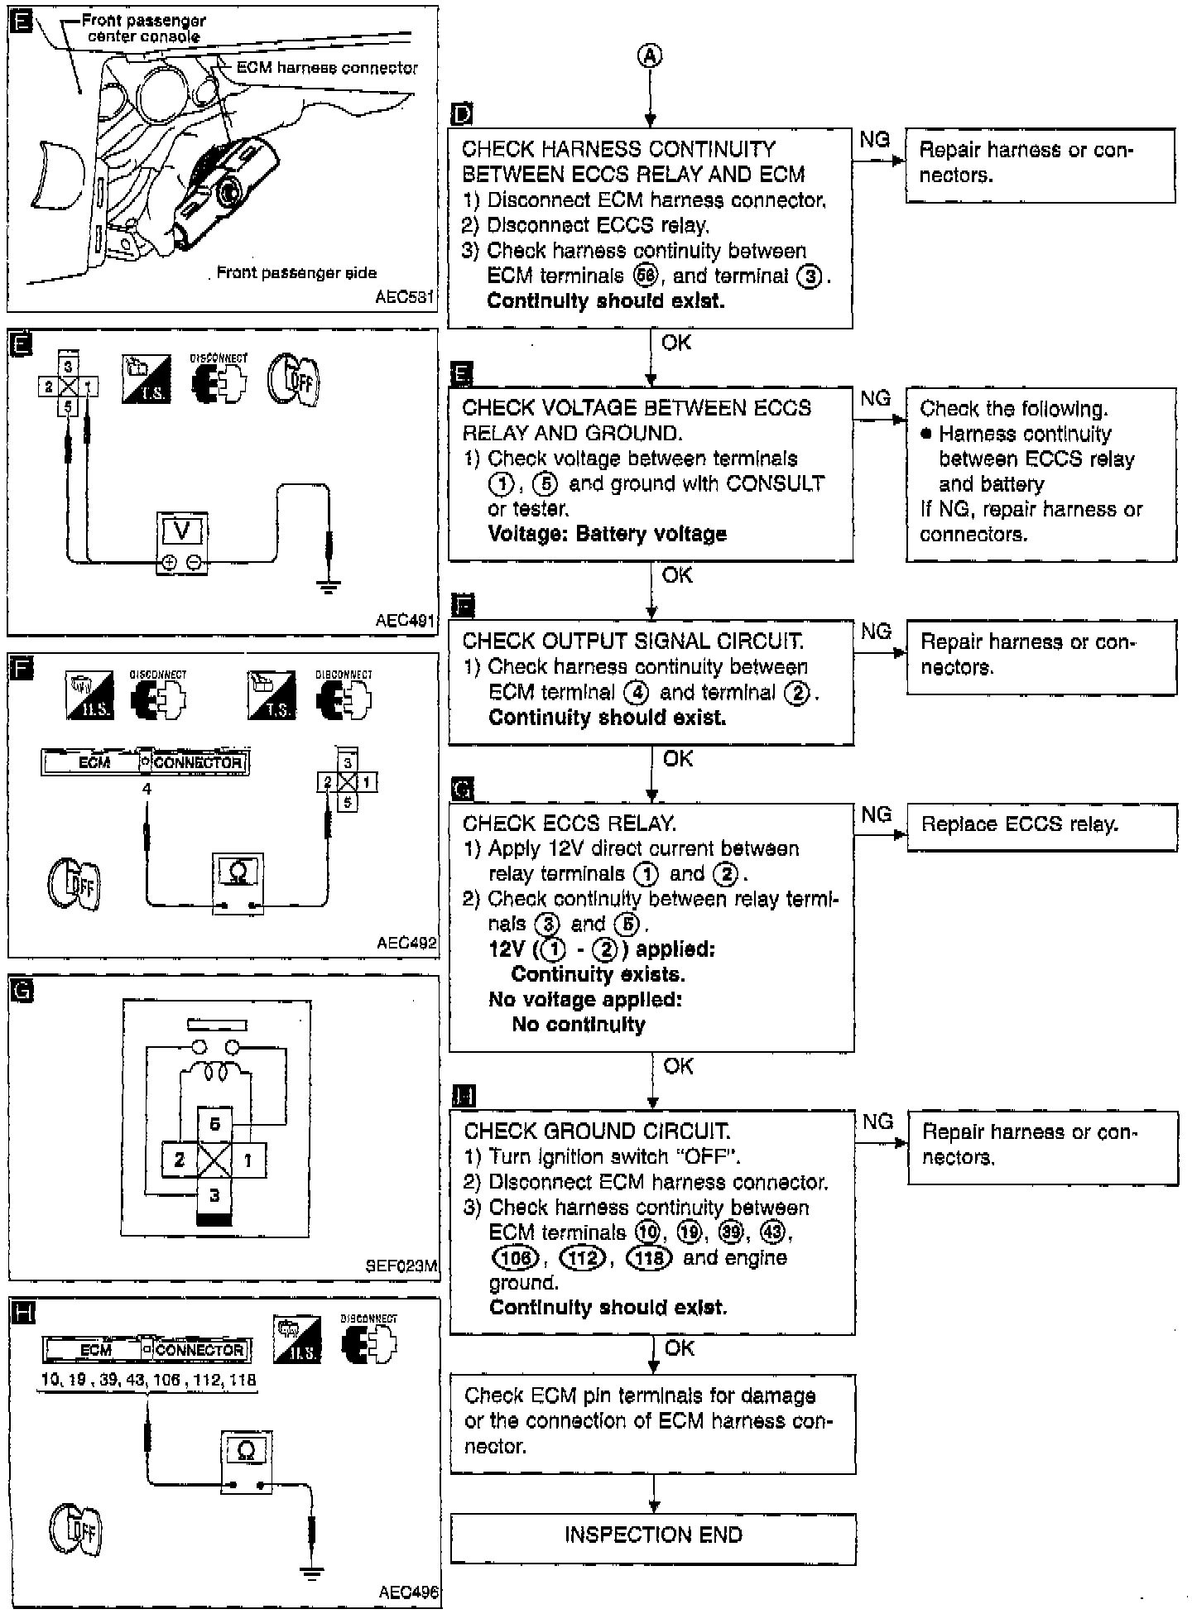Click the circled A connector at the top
tap(650, 55)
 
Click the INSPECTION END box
tap(652, 1535)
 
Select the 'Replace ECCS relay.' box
tap(1041, 826)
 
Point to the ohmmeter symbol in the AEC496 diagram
tap(246, 1450)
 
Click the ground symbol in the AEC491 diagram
tap(329, 588)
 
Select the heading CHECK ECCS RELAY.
tap(570, 824)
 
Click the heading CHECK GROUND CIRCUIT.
tap(597, 1131)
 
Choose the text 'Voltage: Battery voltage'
tap(608, 534)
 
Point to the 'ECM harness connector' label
tap(327, 68)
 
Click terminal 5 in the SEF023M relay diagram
tap(214, 1124)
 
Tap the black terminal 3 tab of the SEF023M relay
tap(214, 1218)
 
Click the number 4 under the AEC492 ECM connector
tap(147, 789)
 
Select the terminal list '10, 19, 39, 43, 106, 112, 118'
tap(148, 1381)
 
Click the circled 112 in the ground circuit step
tap(584, 1259)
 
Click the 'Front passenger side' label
tap(296, 272)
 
